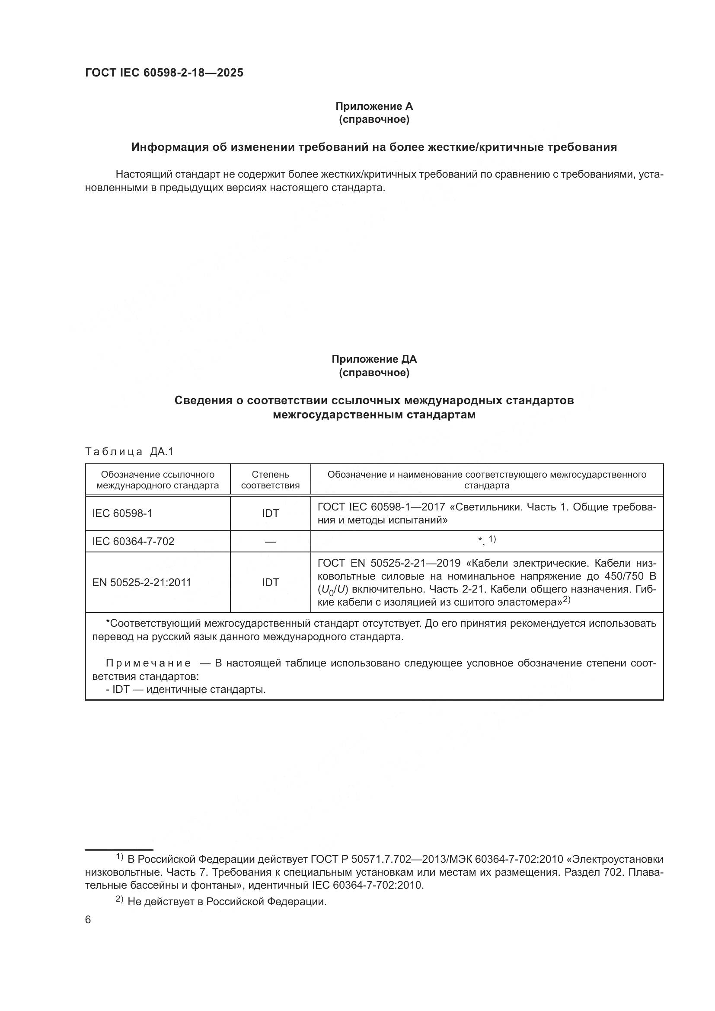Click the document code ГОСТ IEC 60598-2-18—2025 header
coord(164,73)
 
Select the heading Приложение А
coord(374,106)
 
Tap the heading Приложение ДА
coord(374,359)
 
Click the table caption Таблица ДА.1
coord(129,451)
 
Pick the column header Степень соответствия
coord(270,480)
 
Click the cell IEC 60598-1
coord(122,513)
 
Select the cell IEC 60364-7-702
coord(133,541)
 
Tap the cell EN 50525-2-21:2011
coord(141,582)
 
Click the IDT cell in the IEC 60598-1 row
coord(270,513)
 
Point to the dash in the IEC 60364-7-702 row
coord(270,542)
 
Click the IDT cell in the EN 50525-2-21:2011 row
coord(270,582)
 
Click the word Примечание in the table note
coord(148,663)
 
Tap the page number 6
coord(88,920)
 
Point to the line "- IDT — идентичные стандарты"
coord(185,689)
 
